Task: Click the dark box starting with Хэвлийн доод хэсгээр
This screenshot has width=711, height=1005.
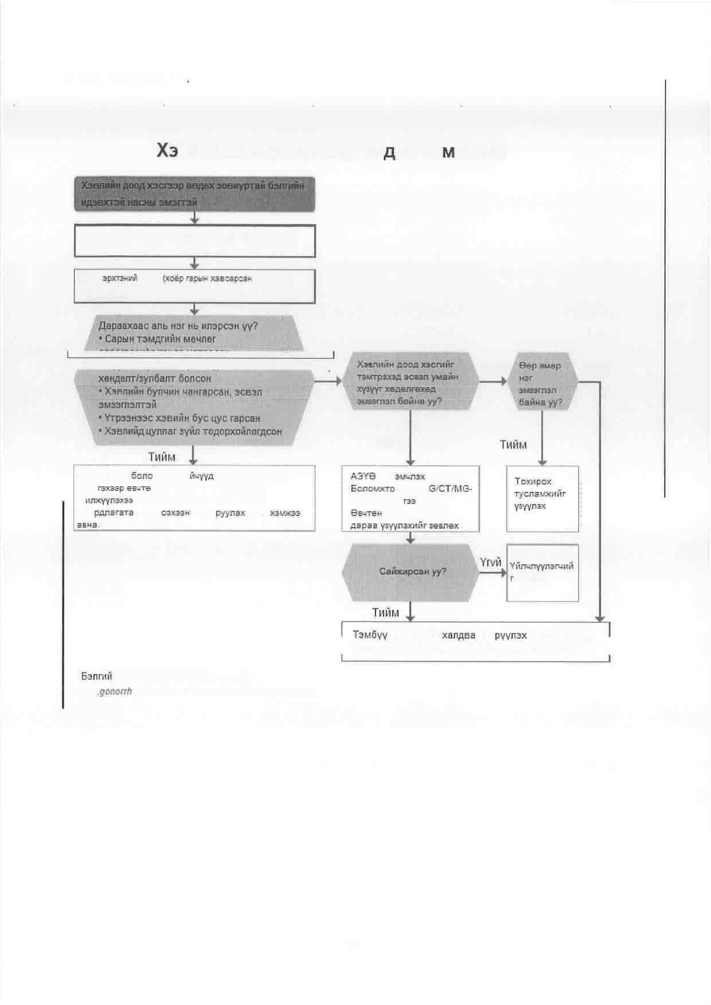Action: point(194,194)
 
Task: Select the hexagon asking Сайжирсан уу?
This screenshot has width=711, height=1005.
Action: point(411,572)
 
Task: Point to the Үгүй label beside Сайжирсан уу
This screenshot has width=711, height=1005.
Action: point(491,562)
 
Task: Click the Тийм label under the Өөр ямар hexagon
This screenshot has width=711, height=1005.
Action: point(513,444)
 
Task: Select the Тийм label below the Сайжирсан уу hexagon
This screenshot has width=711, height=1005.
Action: point(385,612)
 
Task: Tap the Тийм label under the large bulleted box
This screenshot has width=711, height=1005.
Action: point(162,457)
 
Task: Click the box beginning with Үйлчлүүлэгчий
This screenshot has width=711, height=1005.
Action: point(542,573)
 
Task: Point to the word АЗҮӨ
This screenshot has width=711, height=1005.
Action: point(363,476)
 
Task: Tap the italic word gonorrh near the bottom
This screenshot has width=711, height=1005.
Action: point(115,691)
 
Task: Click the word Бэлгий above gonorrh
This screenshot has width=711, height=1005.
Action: point(96,676)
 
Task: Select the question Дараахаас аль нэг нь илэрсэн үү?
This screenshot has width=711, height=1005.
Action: point(178,326)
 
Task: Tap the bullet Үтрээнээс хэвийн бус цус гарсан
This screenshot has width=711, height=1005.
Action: point(182,418)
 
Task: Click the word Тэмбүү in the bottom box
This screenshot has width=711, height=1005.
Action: point(370,635)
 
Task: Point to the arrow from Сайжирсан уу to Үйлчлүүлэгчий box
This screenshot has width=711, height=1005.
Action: point(493,572)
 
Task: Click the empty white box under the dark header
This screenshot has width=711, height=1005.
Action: point(194,241)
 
